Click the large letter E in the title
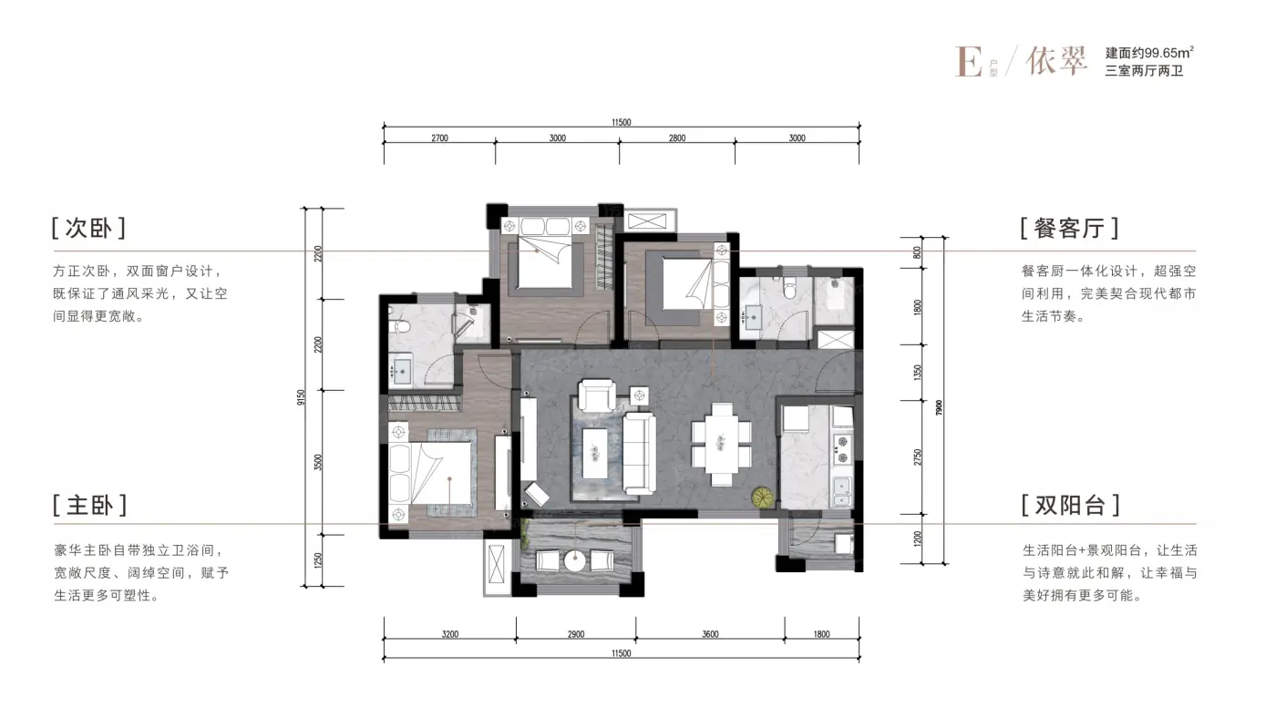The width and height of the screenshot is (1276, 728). [968, 62]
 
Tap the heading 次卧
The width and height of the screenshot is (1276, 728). [88, 228]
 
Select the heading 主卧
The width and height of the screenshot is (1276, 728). [89, 506]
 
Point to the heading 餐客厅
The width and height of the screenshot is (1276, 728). [1069, 228]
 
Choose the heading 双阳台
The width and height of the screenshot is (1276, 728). [1070, 506]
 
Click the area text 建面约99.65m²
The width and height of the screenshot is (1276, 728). [1149, 53]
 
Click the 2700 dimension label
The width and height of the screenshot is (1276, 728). [439, 138]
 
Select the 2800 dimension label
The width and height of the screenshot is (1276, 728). [677, 138]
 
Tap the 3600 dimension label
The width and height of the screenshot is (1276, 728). [710, 634]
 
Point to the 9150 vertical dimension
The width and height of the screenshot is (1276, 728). [302, 397]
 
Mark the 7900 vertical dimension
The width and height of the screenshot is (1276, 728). [939, 408]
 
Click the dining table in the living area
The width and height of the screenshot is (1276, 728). [721, 445]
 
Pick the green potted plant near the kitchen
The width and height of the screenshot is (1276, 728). [762, 497]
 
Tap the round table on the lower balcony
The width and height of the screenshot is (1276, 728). [575, 561]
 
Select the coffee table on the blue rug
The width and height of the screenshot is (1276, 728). [594, 454]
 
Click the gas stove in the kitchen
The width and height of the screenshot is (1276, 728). [842, 449]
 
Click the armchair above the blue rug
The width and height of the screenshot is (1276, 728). [597, 395]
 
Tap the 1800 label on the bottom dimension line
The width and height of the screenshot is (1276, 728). [821, 634]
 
